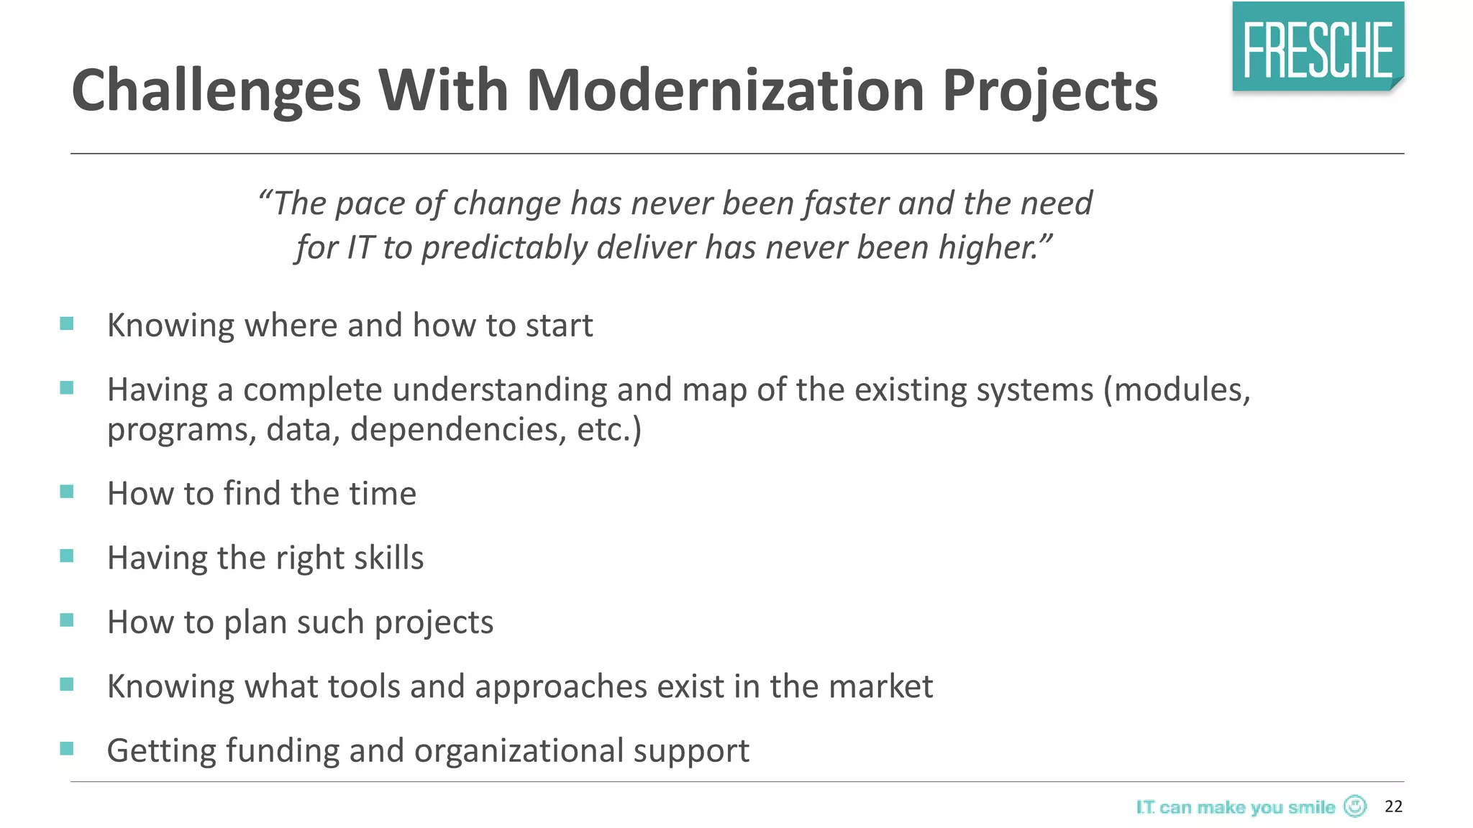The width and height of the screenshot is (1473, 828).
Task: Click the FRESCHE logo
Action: [1318, 47]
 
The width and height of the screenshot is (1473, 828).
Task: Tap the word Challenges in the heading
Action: [216, 92]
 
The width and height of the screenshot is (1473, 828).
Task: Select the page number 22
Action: [1393, 806]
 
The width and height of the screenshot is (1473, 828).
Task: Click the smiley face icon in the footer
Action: [1355, 806]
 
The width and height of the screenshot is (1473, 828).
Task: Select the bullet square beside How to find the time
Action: [67, 492]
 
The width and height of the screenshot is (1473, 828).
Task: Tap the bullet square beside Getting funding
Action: [67, 749]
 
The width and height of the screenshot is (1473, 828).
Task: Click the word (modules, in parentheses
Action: [1177, 390]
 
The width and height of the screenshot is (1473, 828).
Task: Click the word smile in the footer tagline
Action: [1311, 807]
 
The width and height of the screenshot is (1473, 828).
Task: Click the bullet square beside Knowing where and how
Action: [67, 323]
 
